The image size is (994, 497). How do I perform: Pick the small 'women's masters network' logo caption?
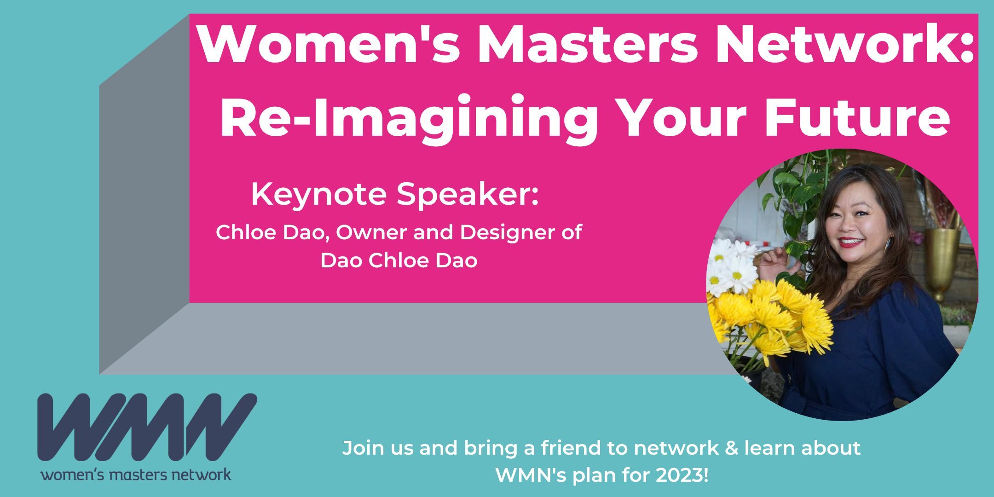[136, 474]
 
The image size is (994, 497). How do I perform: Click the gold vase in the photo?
[943, 258]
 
